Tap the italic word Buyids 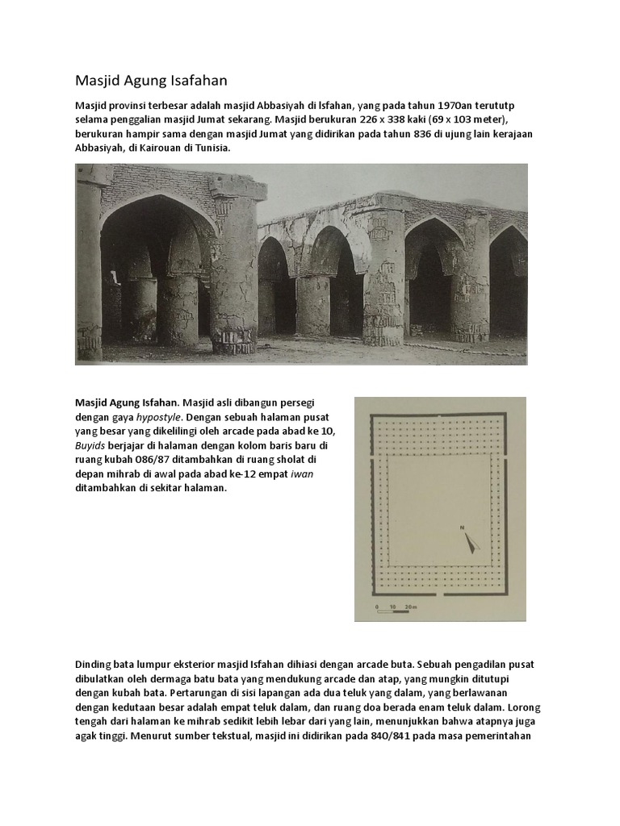pyautogui.click(x=94, y=445)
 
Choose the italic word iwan pyautogui.click(x=303, y=474)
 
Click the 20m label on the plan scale pyautogui.click(x=411, y=603)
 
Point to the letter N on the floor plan pyautogui.click(x=463, y=527)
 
